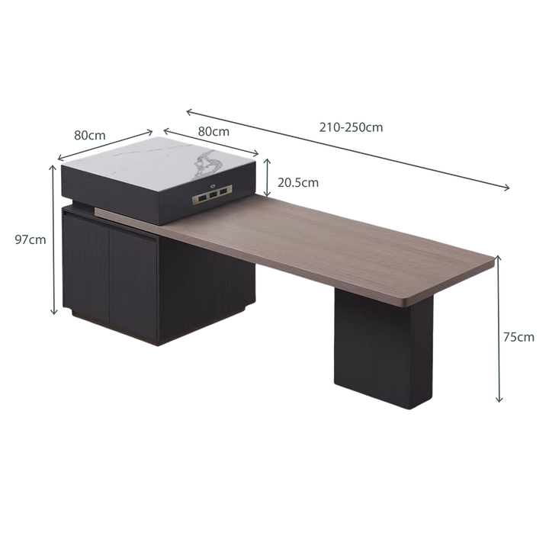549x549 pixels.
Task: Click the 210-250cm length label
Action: click(x=351, y=127)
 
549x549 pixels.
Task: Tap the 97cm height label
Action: click(x=30, y=240)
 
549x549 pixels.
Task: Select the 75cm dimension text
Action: click(x=518, y=337)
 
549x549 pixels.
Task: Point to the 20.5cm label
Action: click(x=298, y=182)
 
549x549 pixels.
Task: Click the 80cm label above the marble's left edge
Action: click(x=90, y=135)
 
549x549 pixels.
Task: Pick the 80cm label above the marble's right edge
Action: click(x=213, y=131)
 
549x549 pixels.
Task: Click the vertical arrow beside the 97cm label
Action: click(x=53, y=239)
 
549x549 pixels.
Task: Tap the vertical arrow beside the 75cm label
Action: click(x=499, y=329)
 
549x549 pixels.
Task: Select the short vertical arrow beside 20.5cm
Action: click(x=267, y=178)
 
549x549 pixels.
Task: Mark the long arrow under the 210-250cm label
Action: click(x=348, y=149)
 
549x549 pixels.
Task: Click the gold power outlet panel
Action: click(x=212, y=195)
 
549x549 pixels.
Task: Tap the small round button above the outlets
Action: click(x=212, y=186)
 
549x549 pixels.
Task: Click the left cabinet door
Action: click(x=86, y=267)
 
